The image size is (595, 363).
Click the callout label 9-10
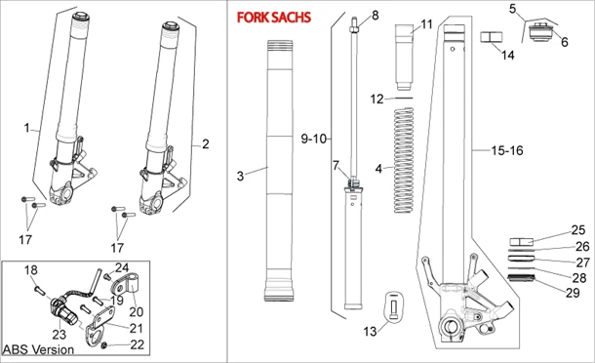click(x=315, y=140)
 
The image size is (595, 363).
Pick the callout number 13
click(x=370, y=332)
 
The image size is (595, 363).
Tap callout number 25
click(x=578, y=230)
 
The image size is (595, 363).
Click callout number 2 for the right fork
click(x=205, y=144)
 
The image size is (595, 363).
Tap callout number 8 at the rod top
click(x=374, y=16)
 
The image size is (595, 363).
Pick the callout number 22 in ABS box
click(x=137, y=344)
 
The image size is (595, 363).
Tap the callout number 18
click(x=30, y=269)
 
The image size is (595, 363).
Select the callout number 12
click(x=377, y=99)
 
